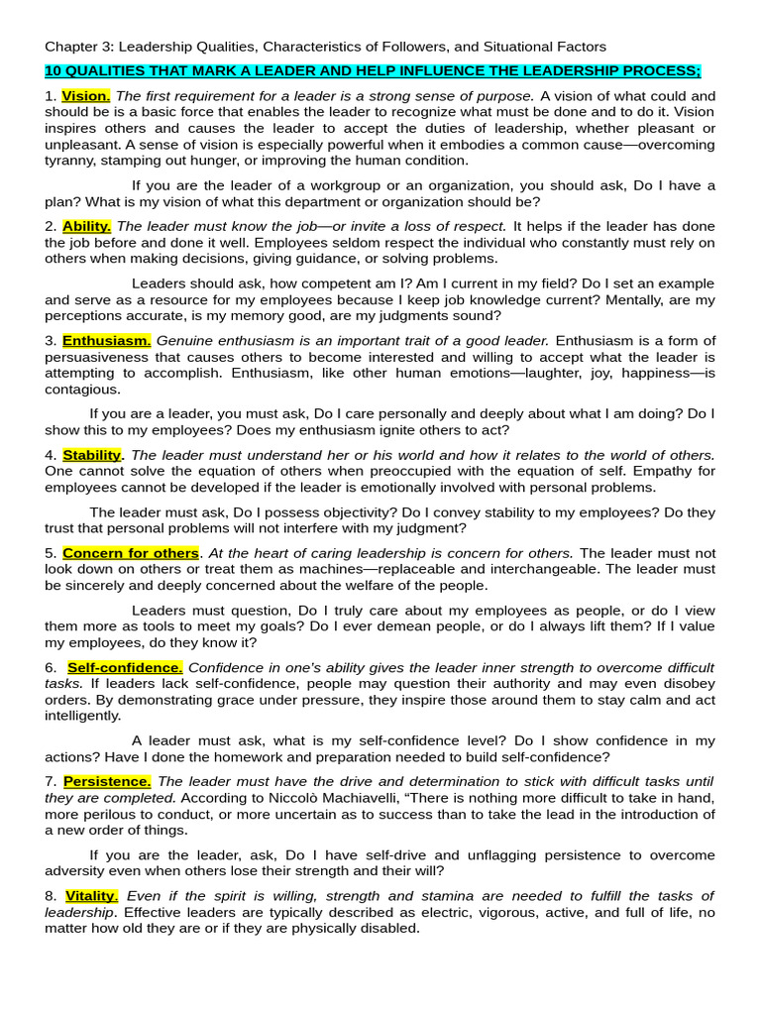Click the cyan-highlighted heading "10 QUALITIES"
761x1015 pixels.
coord(372,70)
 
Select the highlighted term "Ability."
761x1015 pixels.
coord(87,226)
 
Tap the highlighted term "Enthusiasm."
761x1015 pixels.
coord(106,340)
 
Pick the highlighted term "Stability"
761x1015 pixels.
coord(91,455)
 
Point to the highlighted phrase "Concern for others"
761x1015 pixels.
coord(131,553)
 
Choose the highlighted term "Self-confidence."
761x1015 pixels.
coord(125,667)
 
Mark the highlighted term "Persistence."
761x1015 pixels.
coord(107,781)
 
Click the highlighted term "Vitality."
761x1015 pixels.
coord(91,895)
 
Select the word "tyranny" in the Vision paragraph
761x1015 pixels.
coord(71,161)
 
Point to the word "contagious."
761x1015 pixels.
coord(82,390)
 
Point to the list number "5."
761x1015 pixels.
coord(51,553)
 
